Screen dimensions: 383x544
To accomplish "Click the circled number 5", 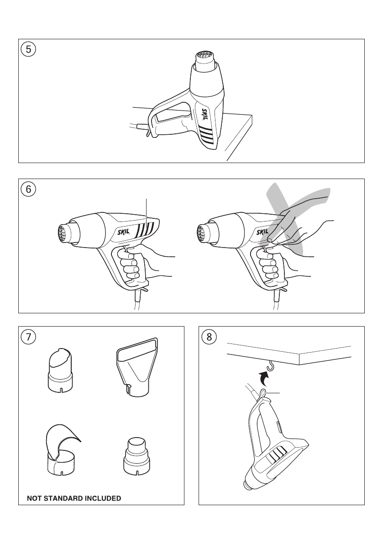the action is pos(28,49).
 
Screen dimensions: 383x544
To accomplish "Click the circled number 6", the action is pos(28,189).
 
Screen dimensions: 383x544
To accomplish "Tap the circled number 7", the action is pos(28,337).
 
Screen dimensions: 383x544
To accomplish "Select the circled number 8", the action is pos(209,337).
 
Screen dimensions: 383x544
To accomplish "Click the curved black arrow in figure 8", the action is pos(264,379).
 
